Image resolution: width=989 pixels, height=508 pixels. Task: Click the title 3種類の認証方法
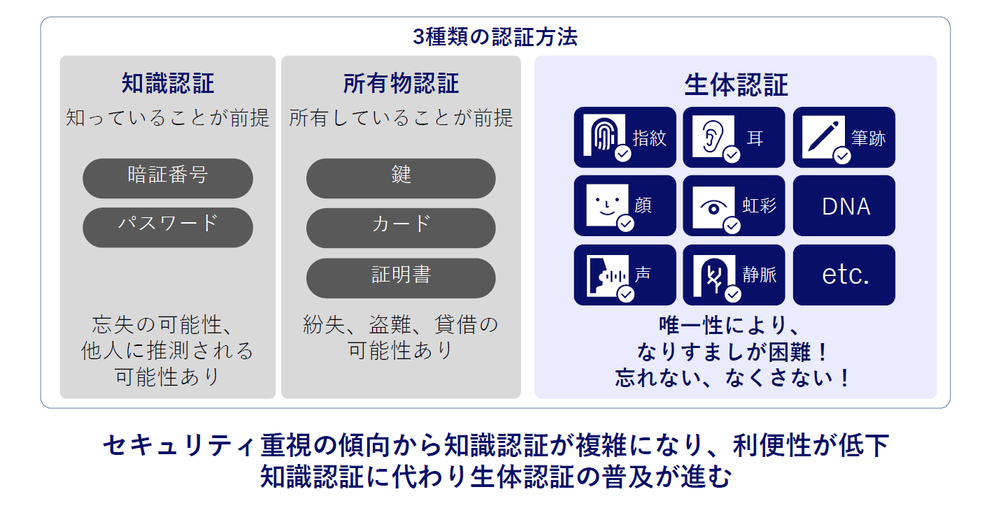point(495,37)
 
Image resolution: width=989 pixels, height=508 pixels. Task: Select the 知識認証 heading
point(168,83)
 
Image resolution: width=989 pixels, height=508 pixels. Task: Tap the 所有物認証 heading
point(401,83)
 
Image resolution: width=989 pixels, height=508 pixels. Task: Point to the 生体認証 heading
point(736,85)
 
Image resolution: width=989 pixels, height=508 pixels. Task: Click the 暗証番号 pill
point(168,178)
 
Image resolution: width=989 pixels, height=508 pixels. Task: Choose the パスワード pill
point(168,228)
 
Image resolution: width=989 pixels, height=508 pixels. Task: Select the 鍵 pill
point(401,178)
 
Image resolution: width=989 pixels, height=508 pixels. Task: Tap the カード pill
point(401,228)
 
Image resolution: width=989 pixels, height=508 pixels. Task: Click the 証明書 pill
point(401,278)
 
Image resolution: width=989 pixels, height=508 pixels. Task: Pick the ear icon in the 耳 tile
point(713,136)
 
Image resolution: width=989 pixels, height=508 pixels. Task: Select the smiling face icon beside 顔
point(607,205)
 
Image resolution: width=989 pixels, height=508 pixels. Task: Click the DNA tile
point(844,205)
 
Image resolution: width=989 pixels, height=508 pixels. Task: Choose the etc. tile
point(844,275)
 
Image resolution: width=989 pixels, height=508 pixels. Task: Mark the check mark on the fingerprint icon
point(623,154)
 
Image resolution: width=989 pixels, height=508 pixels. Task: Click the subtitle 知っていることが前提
point(168,117)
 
